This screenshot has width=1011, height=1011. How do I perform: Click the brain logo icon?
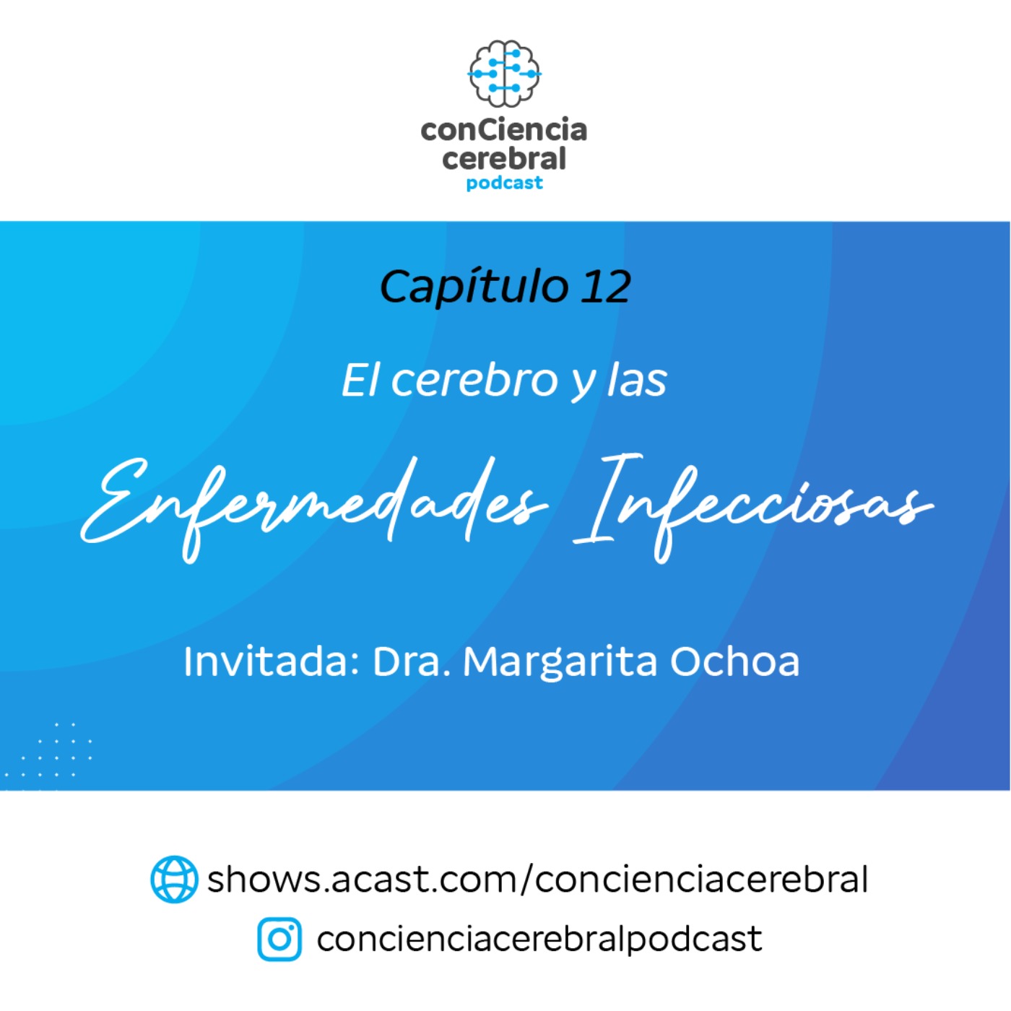[x=504, y=74]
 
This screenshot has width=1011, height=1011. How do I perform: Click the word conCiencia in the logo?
[x=504, y=130]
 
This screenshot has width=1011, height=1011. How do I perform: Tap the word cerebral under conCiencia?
[x=504, y=159]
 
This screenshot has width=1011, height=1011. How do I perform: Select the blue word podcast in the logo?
[x=504, y=183]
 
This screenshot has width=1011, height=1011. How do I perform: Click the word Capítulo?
[x=474, y=287]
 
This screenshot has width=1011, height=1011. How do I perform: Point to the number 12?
[x=605, y=287]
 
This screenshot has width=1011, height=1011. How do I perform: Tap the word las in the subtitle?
[x=637, y=380]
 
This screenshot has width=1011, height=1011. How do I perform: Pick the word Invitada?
[x=271, y=661]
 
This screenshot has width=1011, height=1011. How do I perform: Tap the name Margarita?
[x=560, y=661]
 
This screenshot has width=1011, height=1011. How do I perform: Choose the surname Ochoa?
[x=735, y=661]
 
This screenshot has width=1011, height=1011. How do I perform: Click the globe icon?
[x=174, y=879]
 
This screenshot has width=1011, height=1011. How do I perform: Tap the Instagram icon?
[x=279, y=940]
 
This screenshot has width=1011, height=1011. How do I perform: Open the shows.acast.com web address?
[x=537, y=879]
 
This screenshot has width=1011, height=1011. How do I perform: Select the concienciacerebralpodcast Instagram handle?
[x=539, y=940]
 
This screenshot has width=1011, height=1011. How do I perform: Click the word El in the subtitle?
[x=360, y=380]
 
